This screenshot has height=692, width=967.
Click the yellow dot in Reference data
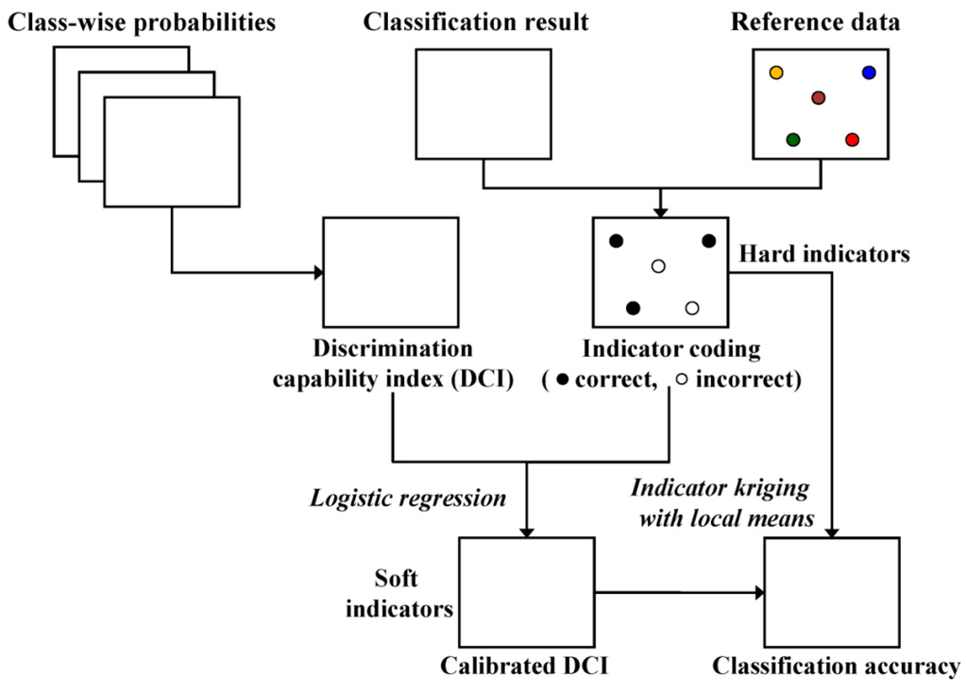pyautogui.click(x=776, y=73)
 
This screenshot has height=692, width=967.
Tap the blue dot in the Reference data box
pyautogui.click(x=869, y=73)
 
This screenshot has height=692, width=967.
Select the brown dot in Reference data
pyautogui.click(x=819, y=98)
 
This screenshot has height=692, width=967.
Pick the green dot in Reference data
pyautogui.click(x=793, y=140)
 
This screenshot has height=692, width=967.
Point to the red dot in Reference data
pyautogui.click(x=852, y=140)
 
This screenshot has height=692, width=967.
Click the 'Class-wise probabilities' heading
pyautogui.click(x=142, y=22)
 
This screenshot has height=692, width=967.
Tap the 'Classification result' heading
pyautogui.click(x=476, y=22)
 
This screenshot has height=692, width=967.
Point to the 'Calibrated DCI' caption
pyautogui.click(x=524, y=667)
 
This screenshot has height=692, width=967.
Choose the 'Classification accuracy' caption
pyautogui.click(x=836, y=667)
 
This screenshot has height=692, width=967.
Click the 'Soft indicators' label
pyautogui.click(x=399, y=592)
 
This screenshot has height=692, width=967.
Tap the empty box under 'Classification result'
pyautogui.click(x=483, y=104)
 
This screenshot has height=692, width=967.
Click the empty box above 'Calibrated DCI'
pyautogui.click(x=526, y=592)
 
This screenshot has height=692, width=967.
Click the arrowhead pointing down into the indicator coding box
pyautogui.click(x=660, y=211)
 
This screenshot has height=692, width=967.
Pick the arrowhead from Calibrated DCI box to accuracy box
pyautogui.click(x=758, y=593)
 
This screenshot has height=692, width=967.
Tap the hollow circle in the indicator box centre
pyautogui.click(x=659, y=267)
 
